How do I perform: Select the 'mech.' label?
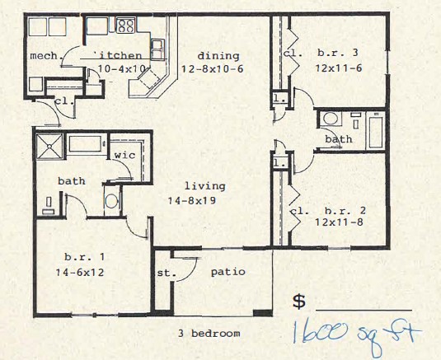[42, 56]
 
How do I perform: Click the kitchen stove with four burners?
[125, 26]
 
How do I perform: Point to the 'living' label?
[199, 186]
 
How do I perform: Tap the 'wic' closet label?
[125, 155]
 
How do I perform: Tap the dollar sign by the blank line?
[300, 302]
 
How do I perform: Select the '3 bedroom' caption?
[209, 334]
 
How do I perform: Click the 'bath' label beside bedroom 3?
[338, 140]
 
